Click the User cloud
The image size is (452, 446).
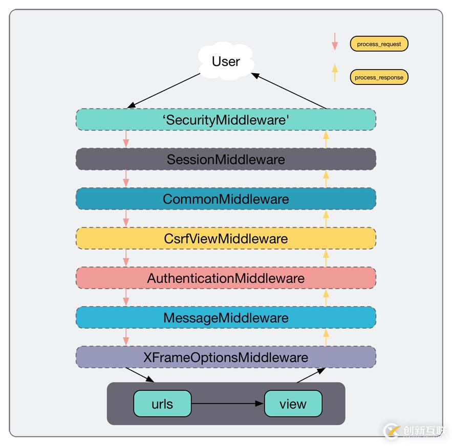coord(226,61)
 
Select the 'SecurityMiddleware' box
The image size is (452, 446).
coord(226,119)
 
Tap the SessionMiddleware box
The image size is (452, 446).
coord(226,159)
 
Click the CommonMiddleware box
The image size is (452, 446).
coord(226,198)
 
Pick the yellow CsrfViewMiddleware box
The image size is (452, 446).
coord(226,238)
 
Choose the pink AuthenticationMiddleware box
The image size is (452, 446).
coord(226,278)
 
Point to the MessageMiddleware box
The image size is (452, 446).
coord(226,318)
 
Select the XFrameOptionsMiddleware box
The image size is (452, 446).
coord(226,357)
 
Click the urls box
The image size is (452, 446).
coord(162,404)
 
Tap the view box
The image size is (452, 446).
coord(293,404)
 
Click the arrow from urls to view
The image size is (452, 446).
coord(227,404)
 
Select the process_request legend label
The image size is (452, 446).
coord(379,44)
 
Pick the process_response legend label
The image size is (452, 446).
coord(379,77)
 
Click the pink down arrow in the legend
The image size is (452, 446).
coord(335,41)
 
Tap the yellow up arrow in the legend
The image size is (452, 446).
coord(335,73)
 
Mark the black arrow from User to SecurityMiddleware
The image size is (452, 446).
coord(163,91)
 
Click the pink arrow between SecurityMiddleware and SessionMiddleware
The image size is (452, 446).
coord(126,139)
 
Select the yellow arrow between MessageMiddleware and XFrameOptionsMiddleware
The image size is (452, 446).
coord(326,337)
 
